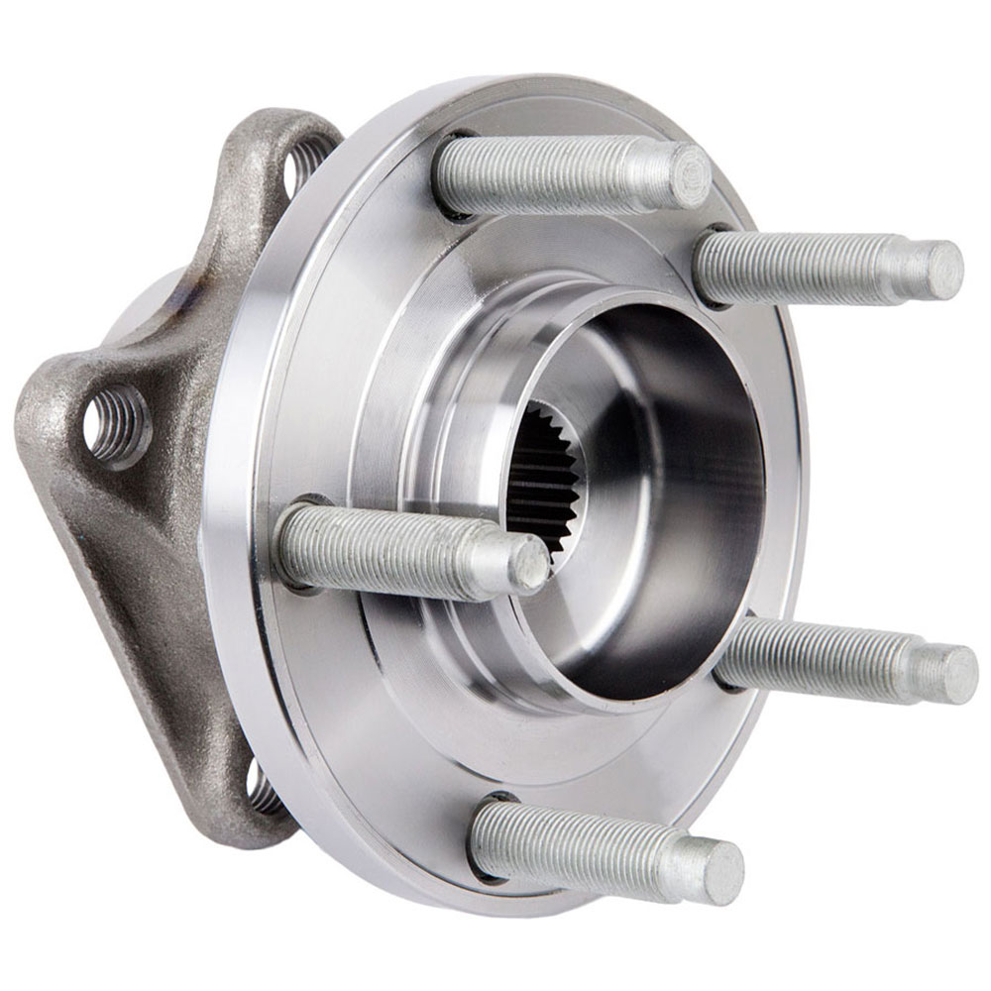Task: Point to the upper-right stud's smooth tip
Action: click(936, 269)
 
